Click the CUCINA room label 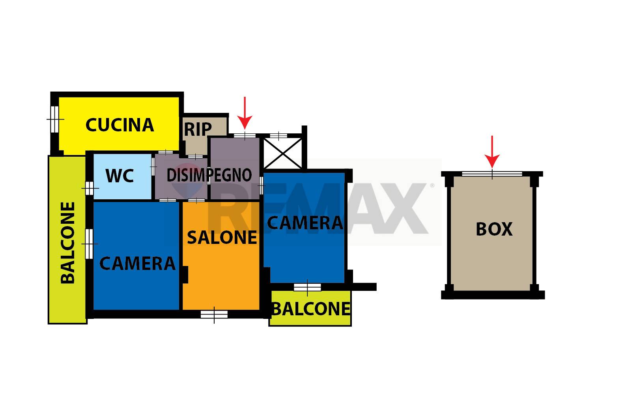coord(120,125)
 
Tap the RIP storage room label coord(198,129)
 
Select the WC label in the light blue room coord(120,176)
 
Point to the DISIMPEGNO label coord(209,175)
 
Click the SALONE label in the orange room coord(222,238)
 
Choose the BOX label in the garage coord(494,229)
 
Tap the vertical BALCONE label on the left coord(68,243)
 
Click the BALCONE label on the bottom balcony coord(311,309)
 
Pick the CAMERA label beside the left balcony coord(137,263)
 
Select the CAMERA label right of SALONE coord(305,223)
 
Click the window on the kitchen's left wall coord(54,119)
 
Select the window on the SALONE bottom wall coord(214,315)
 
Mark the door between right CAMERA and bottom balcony coord(307,287)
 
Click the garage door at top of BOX coord(492,174)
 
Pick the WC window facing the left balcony coord(90,189)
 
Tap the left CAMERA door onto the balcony coord(90,244)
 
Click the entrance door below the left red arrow coord(245,136)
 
